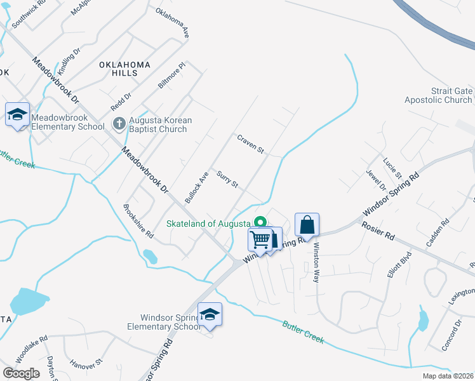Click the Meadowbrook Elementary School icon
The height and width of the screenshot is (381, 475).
[18, 115]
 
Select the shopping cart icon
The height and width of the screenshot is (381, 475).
[260, 240]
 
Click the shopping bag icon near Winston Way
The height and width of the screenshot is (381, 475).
[307, 225]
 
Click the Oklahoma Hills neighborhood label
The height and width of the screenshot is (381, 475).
[124, 69]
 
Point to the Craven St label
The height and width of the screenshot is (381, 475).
[250, 144]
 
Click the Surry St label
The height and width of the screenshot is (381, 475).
[227, 180]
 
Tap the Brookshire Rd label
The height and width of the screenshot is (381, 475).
[138, 221]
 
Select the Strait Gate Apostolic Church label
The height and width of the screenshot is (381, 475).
[439, 96]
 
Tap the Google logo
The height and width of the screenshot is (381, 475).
[21, 373]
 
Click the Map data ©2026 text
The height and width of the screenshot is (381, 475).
[448, 376]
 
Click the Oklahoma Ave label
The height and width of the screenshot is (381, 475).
[172, 23]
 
